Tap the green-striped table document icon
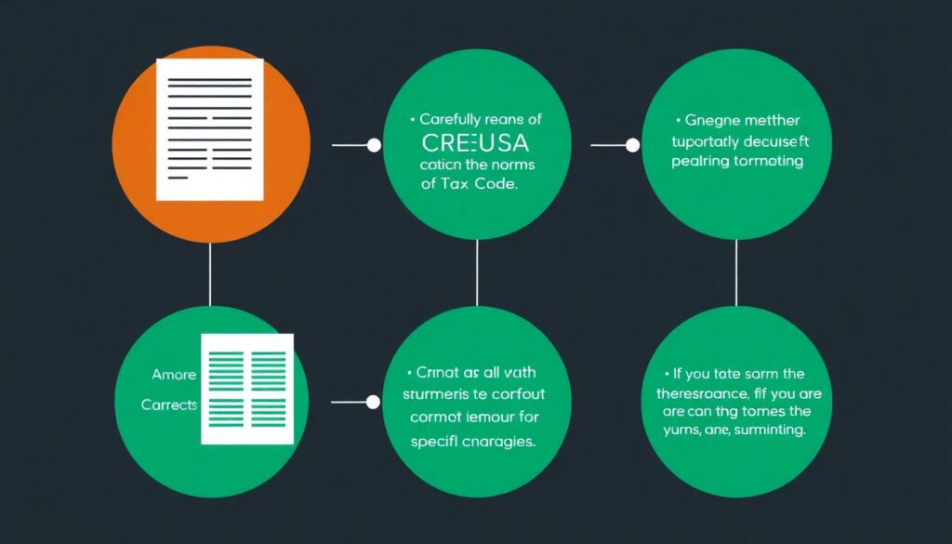[x=247, y=388]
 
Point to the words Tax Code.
[x=485, y=184]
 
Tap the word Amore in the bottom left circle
[x=173, y=375]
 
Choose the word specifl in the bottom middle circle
[x=435, y=442]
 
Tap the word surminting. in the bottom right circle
[x=770, y=431]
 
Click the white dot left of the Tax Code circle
[x=374, y=145]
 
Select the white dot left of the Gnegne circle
[x=632, y=145]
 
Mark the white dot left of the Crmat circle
[x=373, y=403]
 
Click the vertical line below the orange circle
[x=210, y=274]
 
